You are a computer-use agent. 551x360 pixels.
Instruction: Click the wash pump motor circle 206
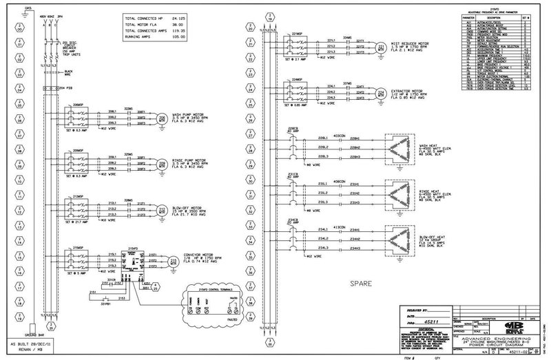[163, 117]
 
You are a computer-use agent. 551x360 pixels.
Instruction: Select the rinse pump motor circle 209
[163, 165]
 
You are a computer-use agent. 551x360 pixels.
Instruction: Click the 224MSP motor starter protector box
[300, 92]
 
